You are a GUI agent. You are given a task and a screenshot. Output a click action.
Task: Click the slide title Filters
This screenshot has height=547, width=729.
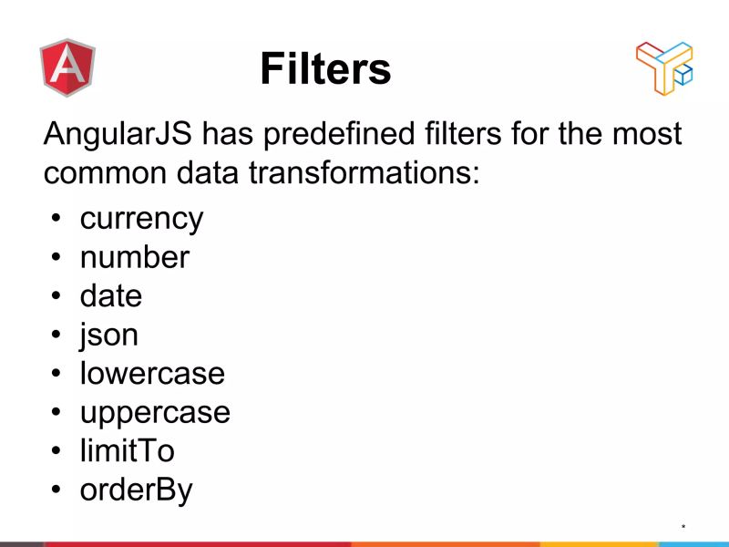pos(325,68)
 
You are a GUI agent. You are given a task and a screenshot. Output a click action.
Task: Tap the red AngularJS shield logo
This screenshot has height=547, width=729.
pos(67,68)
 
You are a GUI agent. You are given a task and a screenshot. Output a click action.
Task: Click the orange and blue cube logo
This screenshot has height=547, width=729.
pos(664,67)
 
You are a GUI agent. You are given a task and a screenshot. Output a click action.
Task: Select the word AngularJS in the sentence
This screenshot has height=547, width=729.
pos(118,134)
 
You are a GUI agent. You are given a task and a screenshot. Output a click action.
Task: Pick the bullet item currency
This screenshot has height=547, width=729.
pos(141,219)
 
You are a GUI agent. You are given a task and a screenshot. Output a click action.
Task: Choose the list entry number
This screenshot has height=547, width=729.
pos(134,257)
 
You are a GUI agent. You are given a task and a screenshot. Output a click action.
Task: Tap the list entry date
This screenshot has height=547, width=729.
pos(111,295)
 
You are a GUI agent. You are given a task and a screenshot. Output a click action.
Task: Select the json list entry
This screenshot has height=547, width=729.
pos(108,335)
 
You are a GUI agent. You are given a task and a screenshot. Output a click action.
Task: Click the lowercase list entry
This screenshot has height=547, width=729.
pos(152,373)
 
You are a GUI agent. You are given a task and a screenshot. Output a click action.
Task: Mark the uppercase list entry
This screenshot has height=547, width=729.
pos(155,412)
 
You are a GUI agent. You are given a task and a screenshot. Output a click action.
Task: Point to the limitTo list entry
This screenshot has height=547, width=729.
pos(127,450)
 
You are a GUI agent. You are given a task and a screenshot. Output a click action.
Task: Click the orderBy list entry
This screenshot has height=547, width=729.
pos(137,490)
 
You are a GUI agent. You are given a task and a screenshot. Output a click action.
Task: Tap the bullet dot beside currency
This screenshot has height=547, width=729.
pos(56,220)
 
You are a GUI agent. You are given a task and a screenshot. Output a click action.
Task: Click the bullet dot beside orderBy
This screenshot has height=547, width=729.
pos(56,490)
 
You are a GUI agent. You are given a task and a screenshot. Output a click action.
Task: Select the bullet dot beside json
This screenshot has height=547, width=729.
pos(56,335)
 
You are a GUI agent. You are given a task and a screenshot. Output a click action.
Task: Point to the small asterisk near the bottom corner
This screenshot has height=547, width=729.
pos(683,527)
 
